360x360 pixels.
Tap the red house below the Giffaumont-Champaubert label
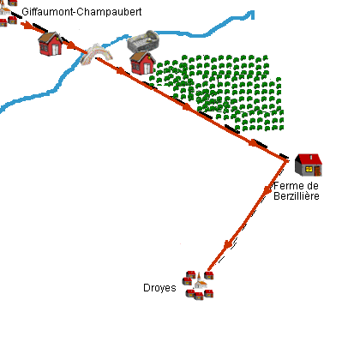pyautogui.click(x=51, y=44)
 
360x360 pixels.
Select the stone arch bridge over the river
pyautogui.click(x=98, y=56)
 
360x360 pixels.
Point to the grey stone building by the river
pyautogui.click(x=144, y=41)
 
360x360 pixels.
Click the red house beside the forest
pyautogui.click(x=141, y=63)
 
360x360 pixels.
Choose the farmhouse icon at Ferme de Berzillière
pyautogui.click(x=308, y=165)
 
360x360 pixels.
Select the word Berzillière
pyautogui.click(x=297, y=196)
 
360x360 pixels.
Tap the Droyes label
pyautogui.click(x=159, y=288)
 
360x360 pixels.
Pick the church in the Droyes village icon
pyautogui.click(x=199, y=280)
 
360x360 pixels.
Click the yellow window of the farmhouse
pyautogui.click(x=311, y=169)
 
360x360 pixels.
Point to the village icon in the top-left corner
pyautogui.click(x=9, y=14)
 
